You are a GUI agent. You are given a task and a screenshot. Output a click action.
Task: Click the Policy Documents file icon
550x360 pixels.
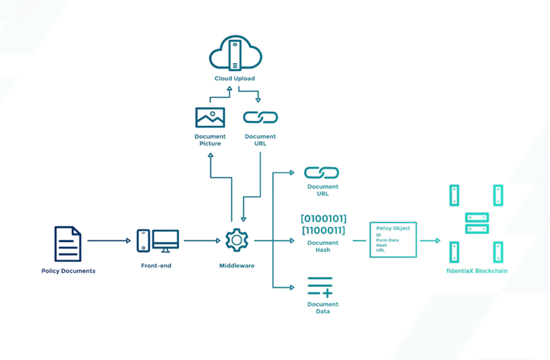click(x=68, y=243)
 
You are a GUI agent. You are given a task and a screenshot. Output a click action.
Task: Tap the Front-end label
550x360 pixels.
click(x=156, y=266)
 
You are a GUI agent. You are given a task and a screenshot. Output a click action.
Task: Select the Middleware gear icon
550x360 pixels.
click(x=236, y=240)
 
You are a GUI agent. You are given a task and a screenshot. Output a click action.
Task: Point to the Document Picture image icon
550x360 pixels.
click(x=210, y=117)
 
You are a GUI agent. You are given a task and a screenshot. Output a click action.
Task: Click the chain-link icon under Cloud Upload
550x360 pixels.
click(x=260, y=117)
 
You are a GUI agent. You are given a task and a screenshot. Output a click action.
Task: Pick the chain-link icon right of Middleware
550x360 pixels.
click(x=322, y=172)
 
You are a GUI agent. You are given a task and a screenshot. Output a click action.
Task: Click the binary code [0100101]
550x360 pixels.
click(x=324, y=218)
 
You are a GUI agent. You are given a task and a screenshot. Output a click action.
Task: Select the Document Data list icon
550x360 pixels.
click(x=320, y=287)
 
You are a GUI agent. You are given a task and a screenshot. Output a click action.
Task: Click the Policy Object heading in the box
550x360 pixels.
click(x=392, y=228)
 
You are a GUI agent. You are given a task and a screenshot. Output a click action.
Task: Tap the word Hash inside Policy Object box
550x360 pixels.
click(x=382, y=245)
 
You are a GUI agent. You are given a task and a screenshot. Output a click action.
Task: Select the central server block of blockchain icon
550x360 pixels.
click(x=476, y=223)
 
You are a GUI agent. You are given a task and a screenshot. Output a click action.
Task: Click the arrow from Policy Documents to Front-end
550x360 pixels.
click(x=109, y=240)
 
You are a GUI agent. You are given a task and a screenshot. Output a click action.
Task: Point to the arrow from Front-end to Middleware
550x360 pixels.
click(x=202, y=240)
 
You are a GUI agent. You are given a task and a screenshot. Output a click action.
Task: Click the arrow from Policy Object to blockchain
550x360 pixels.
click(x=430, y=240)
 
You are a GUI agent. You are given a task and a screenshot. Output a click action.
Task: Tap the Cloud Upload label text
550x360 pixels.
click(x=234, y=79)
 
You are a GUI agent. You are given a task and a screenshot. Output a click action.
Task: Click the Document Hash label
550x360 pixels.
click(x=322, y=246)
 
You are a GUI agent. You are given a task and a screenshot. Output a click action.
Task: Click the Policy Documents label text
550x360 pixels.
click(x=68, y=271)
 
